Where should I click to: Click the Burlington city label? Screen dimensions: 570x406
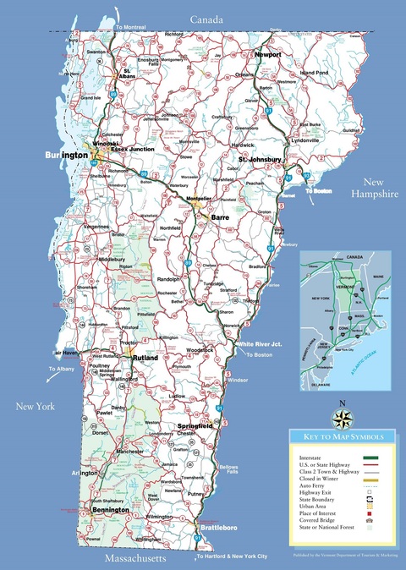click(65, 156)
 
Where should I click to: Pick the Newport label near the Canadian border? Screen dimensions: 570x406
click(268, 52)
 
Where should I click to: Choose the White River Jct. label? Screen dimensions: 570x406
click(259, 344)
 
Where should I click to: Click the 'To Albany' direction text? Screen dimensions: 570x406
click(61, 370)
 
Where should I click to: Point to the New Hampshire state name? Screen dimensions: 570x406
click(381, 188)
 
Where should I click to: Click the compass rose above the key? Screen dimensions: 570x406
click(343, 416)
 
